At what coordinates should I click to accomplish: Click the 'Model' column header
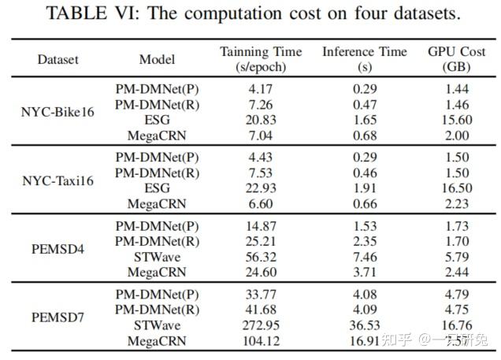pyautogui.click(x=157, y=60)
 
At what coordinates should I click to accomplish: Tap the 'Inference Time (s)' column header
pyautogui.click(x=365, y=60)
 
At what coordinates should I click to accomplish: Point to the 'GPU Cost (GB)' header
pyautogui.click(x=452, y=60)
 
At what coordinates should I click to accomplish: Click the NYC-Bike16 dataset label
pyautogui.click(x=58, y=111)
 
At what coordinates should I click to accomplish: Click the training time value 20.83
pyautogui.click(x=260, y=120)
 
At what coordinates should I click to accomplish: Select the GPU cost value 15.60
pyautogui.click(x=452, y=120)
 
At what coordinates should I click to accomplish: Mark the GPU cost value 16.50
pyautogui.click(x=452, y=187)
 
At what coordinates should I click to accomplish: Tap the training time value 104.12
pyautogui.click(x=260, y=340)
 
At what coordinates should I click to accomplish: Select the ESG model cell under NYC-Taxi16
pyautogui.click(x=157, y=187)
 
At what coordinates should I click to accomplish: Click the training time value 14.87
pyautogui.click(x=260, y=225)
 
